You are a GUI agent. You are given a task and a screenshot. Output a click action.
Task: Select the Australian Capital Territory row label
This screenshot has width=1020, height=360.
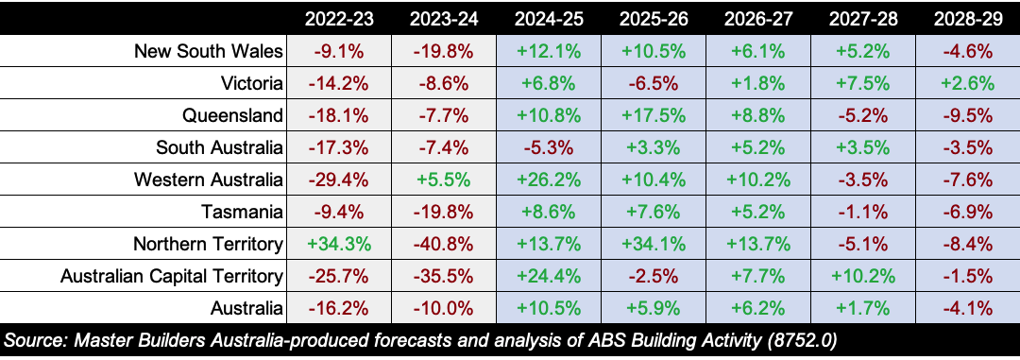click(x=172, y=277)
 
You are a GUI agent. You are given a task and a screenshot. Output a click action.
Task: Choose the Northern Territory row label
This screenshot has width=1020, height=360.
click(x=208, y=245)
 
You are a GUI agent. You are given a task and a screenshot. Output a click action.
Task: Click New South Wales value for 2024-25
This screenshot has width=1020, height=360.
click(x=548, y=51)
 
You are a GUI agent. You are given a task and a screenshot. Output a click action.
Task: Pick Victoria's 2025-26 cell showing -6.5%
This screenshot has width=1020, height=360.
click(x=654, y=84)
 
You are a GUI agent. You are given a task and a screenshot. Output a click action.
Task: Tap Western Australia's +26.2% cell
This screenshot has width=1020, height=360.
click(x=548, y=180)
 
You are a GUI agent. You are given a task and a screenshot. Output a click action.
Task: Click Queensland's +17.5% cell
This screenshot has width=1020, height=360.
click(x=654, y=116)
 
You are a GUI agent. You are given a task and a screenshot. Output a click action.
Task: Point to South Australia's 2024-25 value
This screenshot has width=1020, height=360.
click(x=548, y=148)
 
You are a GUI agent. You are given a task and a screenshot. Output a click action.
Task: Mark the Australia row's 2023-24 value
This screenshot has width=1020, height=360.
click(x=443, y=309)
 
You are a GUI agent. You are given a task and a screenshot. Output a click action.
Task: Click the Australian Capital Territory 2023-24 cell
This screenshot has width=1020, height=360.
click(x=443, y=277)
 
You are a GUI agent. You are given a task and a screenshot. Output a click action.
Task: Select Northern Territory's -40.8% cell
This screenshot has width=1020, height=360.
click(x=443, y=245)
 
